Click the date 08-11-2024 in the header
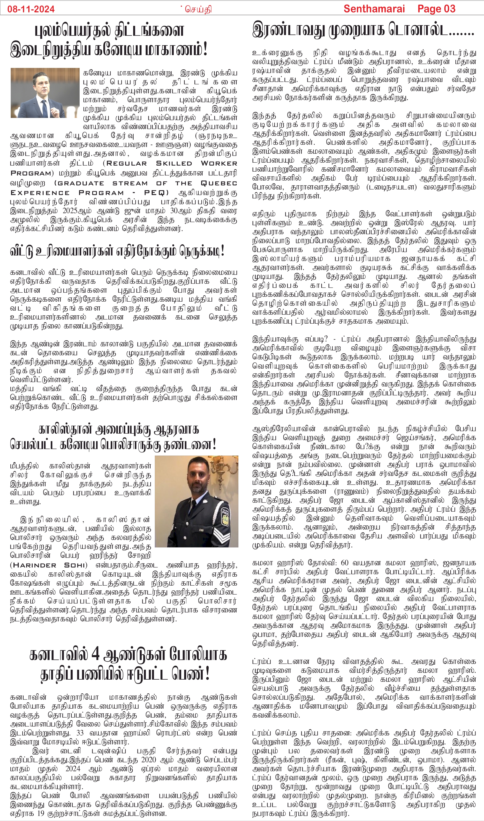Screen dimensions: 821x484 (31, 9)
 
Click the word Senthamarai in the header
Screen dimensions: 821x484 (374, 9)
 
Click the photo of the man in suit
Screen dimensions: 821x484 (45, 93)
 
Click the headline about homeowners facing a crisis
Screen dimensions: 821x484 (117, 251)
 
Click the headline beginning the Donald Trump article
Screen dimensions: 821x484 (363, 30)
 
